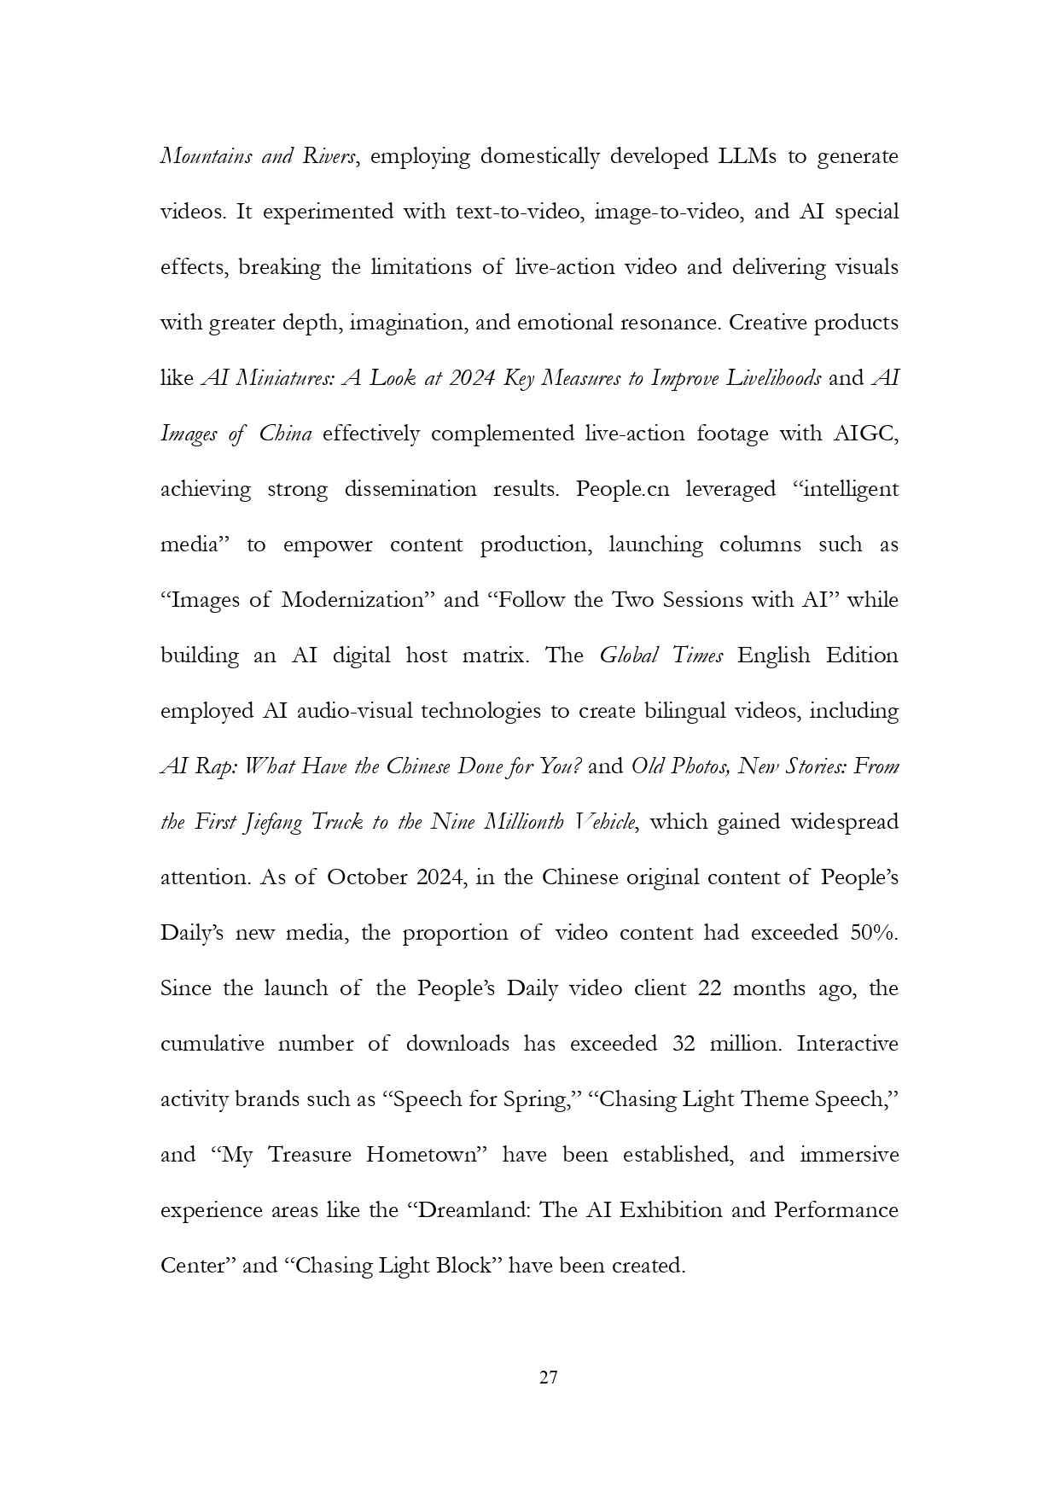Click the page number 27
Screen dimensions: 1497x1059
pyautogui.click(x=549, y=1378)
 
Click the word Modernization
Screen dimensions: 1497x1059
pyautogui.click(x=353, y=600)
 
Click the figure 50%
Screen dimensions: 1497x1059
pyautogui.click(x=874, y=933)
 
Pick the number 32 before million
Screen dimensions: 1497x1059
pyautogui.click(x=684, y=1044)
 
